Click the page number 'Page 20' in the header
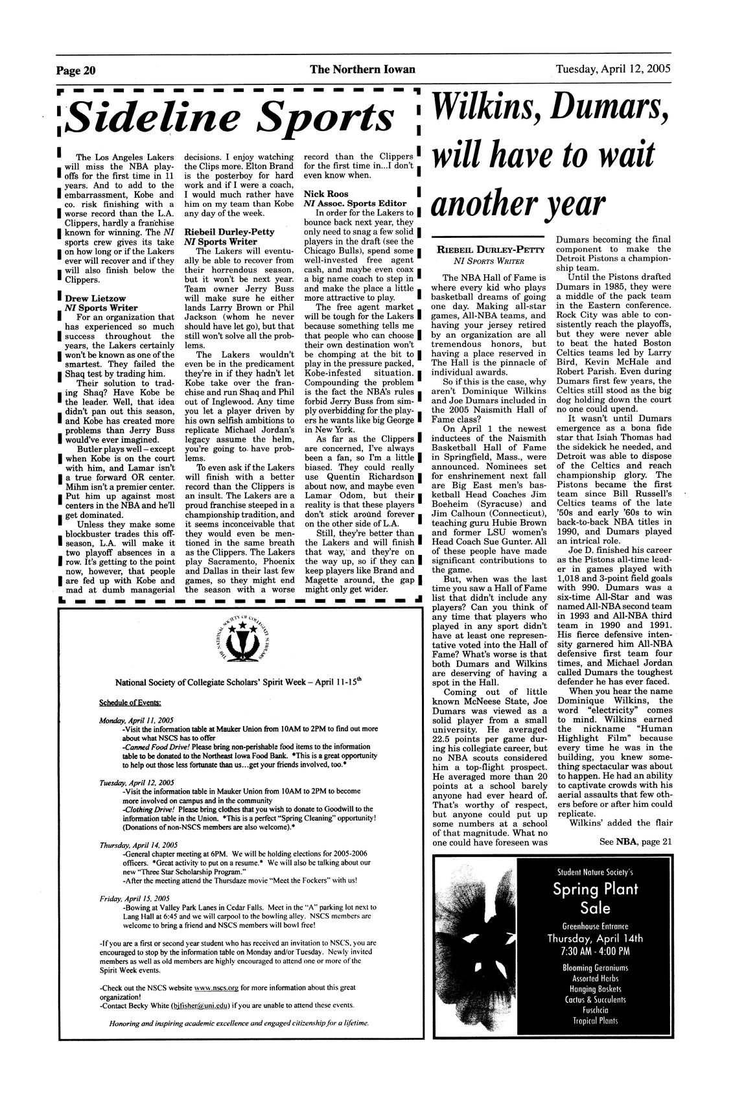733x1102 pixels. coord(76,69)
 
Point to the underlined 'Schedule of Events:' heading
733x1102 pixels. coord(130,703)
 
